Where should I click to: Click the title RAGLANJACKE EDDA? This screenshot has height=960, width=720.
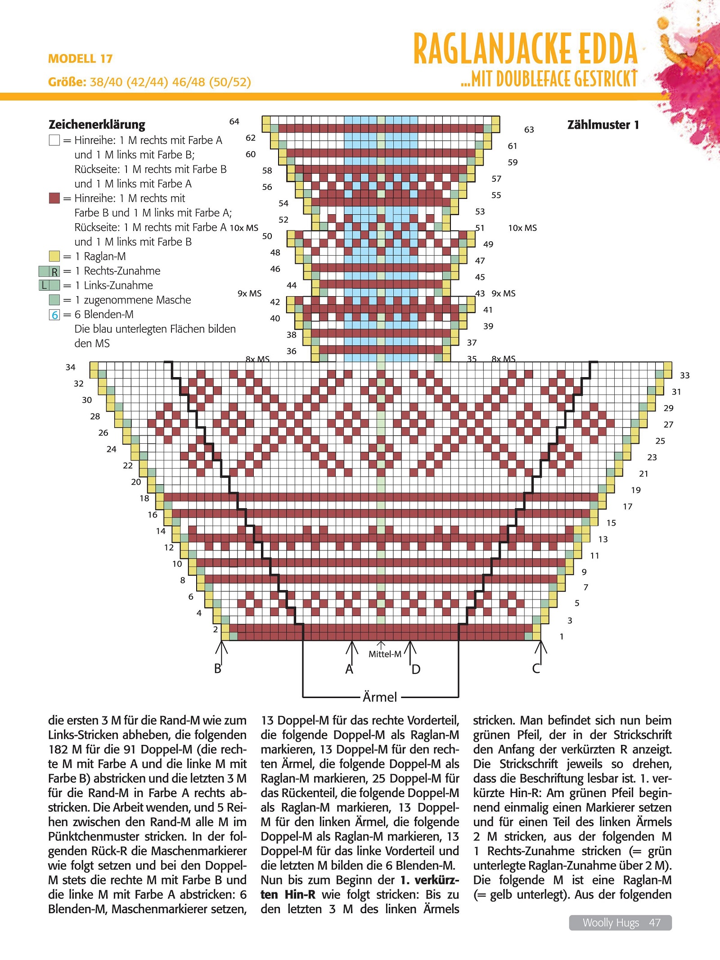[x=525, y=48]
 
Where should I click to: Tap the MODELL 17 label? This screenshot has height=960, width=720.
[x=80, y=59]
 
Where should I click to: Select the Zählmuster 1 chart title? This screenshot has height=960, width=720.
[x=603, y=125]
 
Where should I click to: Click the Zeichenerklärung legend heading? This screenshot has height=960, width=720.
[x=97, y=124]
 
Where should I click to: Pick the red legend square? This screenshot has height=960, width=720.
[x=54, y=198]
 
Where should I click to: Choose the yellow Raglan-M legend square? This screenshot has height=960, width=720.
[x=54, y=256]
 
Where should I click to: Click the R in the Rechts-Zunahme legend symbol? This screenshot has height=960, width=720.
[x=55, y=271]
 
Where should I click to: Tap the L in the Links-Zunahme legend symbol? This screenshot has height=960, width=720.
[x=44, y=285]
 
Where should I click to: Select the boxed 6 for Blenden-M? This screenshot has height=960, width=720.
[x=54, y=315]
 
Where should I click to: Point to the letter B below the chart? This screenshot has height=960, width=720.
[x=218, y=668]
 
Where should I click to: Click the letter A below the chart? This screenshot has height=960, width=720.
[x=349, y=669]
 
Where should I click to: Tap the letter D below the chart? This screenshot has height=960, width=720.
[x=416, y=669]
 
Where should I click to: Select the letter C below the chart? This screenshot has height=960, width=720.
[x=536, y=668]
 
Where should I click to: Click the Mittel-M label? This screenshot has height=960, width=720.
[x=385, y=654]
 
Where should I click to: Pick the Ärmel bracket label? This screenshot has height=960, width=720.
[x=380, y=697]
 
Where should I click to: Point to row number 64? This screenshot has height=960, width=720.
[x=234, y=122]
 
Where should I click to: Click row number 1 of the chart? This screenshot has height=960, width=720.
[x=562, y=636]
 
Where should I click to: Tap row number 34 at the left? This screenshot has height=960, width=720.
[x=71, y=367]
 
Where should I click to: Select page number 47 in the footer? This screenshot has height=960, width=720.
[x=655, y=923]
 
